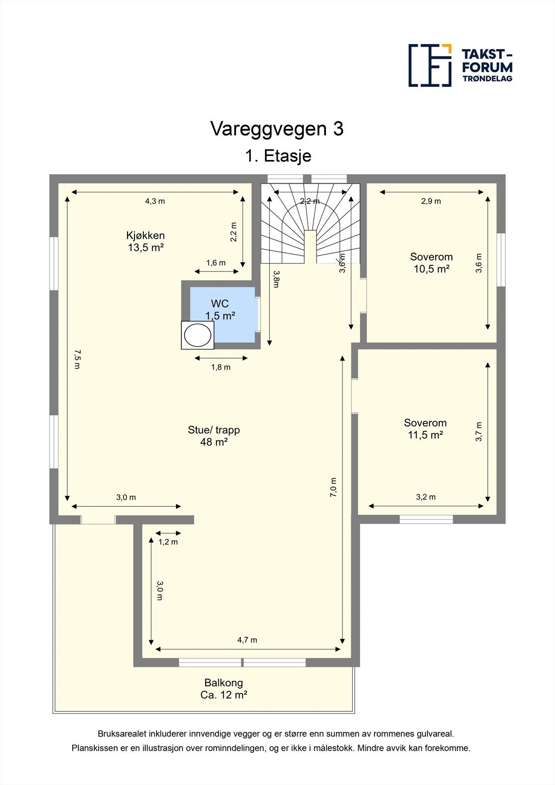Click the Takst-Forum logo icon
point(430,65)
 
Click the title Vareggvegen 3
point(277,129)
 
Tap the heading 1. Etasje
point(278,156)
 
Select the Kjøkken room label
point(145,241)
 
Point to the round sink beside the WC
point(198,336)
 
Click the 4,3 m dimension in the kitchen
point(155,201)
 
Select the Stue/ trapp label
point(213,436)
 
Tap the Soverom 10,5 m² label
point(431,262)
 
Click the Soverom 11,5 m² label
point(425,428)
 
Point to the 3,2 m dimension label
point(425,497)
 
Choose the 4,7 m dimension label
point(247,640)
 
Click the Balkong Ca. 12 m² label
point(223,688)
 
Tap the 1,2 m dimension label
point(168,542)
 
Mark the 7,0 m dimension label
point(334,488)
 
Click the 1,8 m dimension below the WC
point(220,367)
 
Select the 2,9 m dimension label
point(431,201)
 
